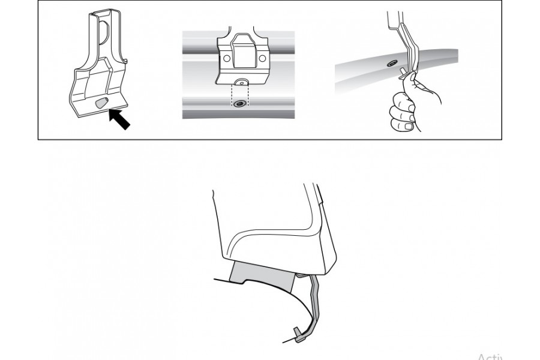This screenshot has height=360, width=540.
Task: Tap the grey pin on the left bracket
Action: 101,103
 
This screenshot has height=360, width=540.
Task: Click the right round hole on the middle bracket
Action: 262,59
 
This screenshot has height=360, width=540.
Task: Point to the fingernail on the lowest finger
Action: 408,127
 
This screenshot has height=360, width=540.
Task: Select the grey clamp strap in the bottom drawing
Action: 316,300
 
